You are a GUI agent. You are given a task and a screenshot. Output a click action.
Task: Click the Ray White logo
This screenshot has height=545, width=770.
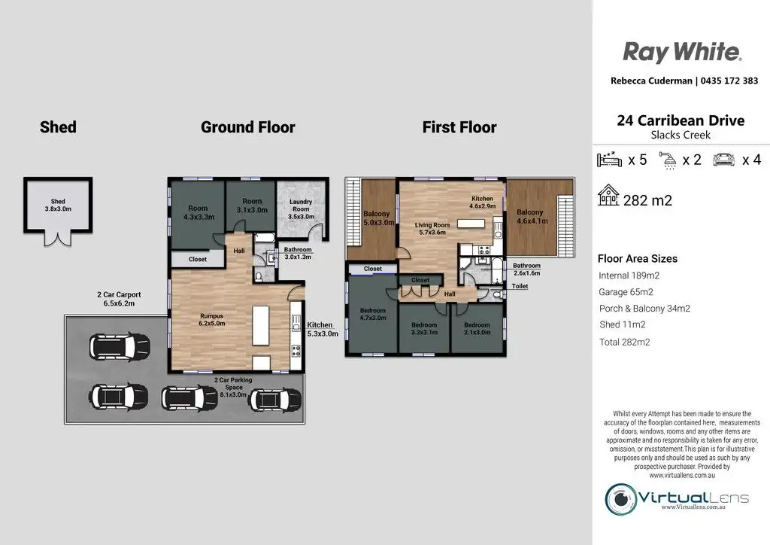click(x=682, y=53)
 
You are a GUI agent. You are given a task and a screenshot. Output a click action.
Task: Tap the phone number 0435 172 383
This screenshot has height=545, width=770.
click(x=729, y=81)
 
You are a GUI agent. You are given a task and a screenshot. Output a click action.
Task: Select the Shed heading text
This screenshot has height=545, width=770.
click(x=58, y=126)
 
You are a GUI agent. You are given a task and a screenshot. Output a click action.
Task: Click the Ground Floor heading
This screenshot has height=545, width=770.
click(x=248, y=126)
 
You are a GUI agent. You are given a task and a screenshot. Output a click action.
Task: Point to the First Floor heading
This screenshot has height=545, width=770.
click(x=459, y=126)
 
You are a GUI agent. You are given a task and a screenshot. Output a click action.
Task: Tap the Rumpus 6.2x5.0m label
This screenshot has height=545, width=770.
click(x=211, y=319)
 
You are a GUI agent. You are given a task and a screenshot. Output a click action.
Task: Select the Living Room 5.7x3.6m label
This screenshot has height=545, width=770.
click(x=432, y=229)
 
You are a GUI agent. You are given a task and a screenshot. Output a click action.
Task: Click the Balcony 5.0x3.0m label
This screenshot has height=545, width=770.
click(x=379, y=218)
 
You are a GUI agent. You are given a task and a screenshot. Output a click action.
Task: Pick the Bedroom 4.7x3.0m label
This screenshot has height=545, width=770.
click(x=373, y=314)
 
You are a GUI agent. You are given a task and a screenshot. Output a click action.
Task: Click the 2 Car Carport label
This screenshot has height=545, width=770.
click(x=119, y=299)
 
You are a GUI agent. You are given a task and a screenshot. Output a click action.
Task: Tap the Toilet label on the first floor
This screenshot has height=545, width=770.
click(x=520, y=286)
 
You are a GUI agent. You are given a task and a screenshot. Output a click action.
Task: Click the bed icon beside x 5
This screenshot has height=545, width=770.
click(x=609, y=160)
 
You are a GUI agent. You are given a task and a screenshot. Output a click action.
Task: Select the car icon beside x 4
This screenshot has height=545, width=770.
click(x=724, y=160)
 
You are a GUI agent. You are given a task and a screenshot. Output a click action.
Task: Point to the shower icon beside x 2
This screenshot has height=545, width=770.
click(x=668, y=160)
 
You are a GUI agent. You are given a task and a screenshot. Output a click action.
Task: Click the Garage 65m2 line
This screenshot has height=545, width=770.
click(x=626, y=292)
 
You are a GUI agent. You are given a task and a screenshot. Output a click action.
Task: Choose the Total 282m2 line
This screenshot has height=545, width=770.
click(x=625, y=342)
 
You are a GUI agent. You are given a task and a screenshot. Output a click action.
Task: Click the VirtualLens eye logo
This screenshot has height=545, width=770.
click(x=621, y=499)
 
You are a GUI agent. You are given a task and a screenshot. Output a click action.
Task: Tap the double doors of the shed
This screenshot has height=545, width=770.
click(x=58, y=239)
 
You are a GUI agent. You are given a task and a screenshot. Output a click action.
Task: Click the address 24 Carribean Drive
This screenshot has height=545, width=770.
click(x=681, y=120)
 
